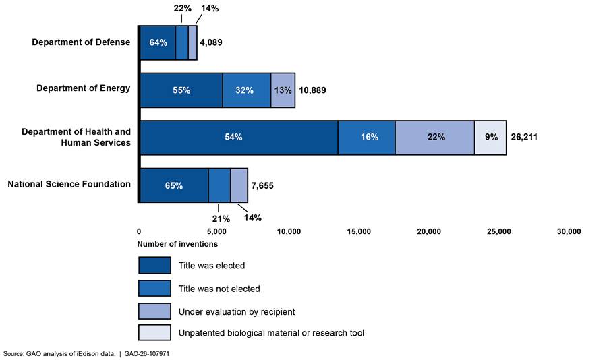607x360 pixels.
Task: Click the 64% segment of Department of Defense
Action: click(157, 42)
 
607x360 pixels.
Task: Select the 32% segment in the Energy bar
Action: click(246, 90)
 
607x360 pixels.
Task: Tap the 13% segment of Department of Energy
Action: click(283, 90)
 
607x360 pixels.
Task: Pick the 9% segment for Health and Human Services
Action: click(490, 137)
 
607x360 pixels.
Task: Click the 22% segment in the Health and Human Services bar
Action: click(435, 137)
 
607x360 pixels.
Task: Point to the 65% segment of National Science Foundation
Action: click(173, 185)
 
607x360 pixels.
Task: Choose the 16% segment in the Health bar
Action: click(366, 137)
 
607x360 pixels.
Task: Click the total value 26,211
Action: click(524, 138)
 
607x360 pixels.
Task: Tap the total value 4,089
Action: click(211, 42)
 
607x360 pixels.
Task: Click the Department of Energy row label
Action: click(83, 88)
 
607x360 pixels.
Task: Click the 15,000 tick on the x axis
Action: click(358, 231)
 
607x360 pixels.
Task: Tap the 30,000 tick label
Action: click(569, 231)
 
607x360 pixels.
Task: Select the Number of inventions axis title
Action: click(177, 243)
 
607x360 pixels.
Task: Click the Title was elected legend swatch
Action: click(154, 265)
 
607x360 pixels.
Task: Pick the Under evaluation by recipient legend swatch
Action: click(154, 310)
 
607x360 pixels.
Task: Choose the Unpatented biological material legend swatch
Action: click(154, 332)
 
